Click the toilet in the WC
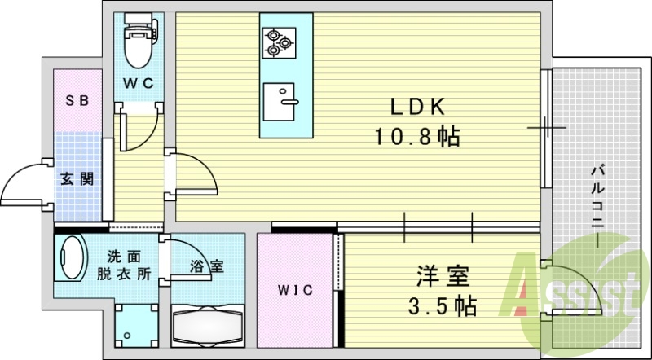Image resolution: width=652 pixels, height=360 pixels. point(140,41)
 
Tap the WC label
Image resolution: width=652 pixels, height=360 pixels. point(139,83)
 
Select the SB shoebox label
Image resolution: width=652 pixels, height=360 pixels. point(77,100)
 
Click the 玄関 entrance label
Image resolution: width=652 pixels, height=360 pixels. point(77,179)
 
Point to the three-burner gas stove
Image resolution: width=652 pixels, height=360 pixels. point(279,43)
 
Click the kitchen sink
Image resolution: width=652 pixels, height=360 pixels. point(279,102)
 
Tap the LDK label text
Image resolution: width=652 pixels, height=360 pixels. point(417,108)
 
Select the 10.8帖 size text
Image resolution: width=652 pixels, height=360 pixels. point(417,136)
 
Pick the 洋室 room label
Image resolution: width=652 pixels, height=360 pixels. point(443,276)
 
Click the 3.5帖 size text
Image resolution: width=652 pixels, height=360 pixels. point(442,306)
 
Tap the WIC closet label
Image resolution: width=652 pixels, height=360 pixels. point(295,290)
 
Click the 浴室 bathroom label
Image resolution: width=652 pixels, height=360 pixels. point(207,266)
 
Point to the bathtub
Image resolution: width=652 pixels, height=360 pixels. point(208,327)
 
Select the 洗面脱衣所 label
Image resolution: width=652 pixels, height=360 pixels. point(124,266)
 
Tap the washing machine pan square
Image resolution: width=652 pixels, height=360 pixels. point(136,327)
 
